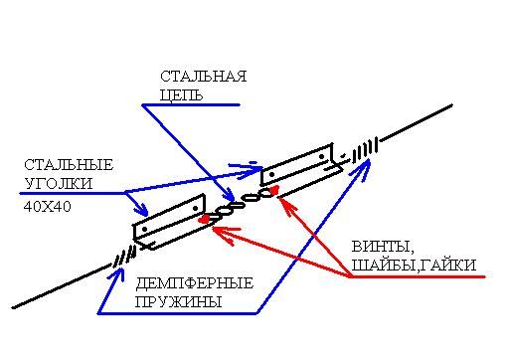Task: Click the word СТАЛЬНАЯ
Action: pyautogui.click(x=204, y=77)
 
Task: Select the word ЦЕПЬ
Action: pyautogui.click(x=181, y=95)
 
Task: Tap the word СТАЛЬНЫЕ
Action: pyautogui.click(x=69, y=165)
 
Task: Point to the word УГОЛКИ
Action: pyautogui.click(x=59, y=184)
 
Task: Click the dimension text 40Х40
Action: pyautogui.click(x=48, y=207)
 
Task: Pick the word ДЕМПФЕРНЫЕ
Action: pyautogui.click(x=195, y=283)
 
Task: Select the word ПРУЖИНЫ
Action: pyautogui.click(x=179, y=302)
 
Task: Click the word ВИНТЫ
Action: pyautogui.click(x=383, y=247)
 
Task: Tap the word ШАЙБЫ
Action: pyautogui.click(x=383, y=266)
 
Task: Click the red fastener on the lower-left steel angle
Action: pyautogui.click(x=204, y=219)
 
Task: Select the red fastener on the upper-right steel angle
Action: pyautogui.click(x=274, y=190)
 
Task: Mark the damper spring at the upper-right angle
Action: pyautogui.click(x=365, y=150)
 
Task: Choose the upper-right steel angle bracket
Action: pyautogui.click(x=301, y=166)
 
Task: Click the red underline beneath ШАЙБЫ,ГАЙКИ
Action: pyautogui.click(x=418, y=276)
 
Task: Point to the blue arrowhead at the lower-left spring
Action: pyautogui.click(x=118, y=272)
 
